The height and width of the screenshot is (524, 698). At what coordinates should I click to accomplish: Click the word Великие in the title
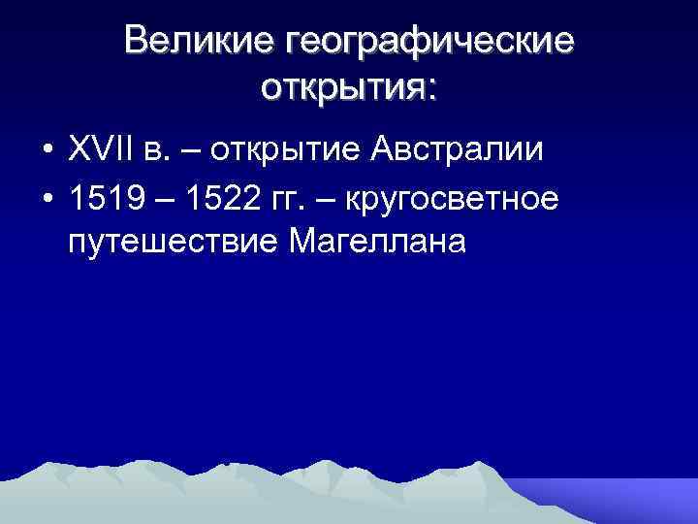pyautogui.click(x=199, y=42)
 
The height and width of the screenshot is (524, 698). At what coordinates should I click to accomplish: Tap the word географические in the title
pyautogui.click(x=428, y=44)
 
